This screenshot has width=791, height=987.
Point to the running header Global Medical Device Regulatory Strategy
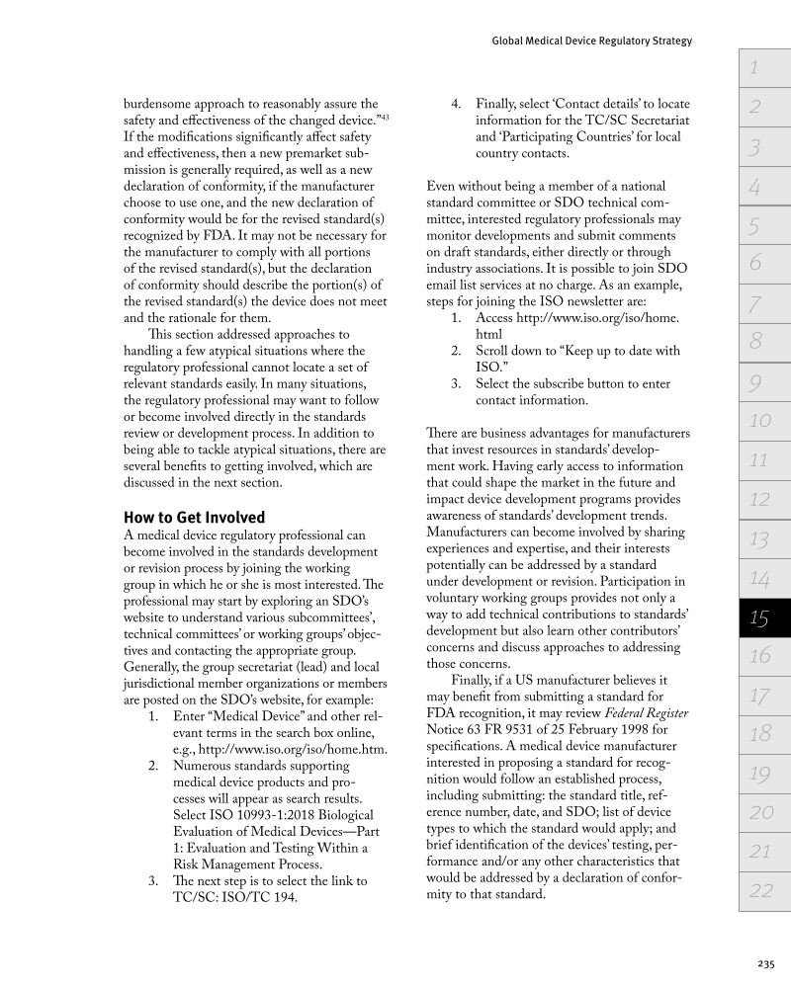(591, 41)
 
